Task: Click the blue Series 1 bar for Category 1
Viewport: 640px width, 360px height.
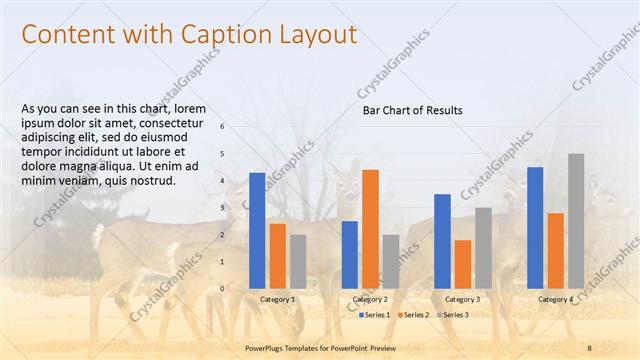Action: point(257,231)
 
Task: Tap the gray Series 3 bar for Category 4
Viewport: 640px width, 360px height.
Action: point(576,221)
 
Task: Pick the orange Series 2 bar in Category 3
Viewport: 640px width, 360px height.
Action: point(463,264)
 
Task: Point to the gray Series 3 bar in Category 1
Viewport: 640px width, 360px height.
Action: point(298,262)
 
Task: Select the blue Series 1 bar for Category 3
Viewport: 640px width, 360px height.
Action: point(442,241)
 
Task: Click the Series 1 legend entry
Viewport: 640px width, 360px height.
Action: point(374,315)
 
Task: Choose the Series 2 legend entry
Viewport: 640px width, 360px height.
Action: point(413,315)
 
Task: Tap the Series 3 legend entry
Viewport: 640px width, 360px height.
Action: point(451,315)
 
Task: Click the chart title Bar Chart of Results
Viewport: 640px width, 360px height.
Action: point(412,110)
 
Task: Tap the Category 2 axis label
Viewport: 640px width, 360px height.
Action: point(370,299)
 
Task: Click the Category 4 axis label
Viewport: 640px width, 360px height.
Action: point(556,299)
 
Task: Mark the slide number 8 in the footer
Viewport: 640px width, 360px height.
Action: point(589,347)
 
